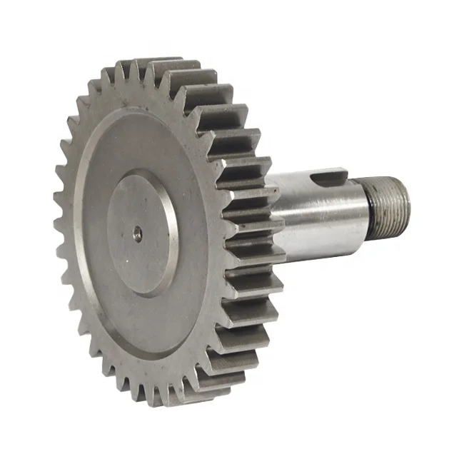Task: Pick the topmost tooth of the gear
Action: [x=153, y=66]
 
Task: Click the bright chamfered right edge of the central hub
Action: [x=173, y=236]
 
